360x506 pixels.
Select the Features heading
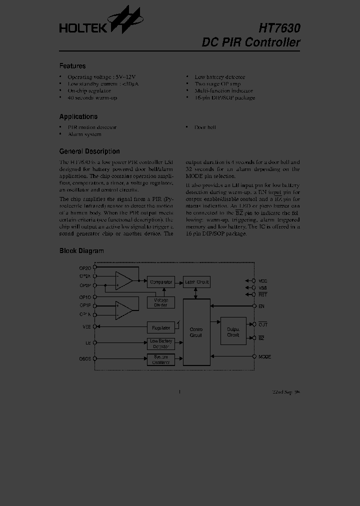coord(72,66)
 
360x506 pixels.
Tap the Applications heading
coord(78,116)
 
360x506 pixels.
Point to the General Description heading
coord(89,151)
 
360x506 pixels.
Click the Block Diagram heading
coord(81,251)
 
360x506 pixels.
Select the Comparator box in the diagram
coord(161,282)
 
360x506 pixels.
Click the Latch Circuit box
coord(196,282)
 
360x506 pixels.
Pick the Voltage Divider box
coord(161,302)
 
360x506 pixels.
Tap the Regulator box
coord(161,328)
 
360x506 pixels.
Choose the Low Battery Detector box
coord(161,343)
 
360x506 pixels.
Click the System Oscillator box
coord(161,359)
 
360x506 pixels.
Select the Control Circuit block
coord(196,332)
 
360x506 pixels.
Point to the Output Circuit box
coord(233,331)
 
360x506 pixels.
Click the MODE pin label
coord(264,357)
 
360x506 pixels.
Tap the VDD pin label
coord(263,281)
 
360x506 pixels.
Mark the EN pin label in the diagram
coord(261,305)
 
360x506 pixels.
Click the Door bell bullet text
coord(205,127)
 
